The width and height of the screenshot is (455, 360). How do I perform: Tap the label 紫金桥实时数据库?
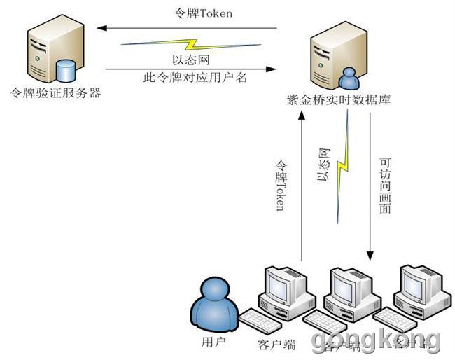339,99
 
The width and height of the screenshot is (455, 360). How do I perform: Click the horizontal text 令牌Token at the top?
202,13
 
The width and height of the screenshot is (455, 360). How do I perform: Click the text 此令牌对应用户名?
195,77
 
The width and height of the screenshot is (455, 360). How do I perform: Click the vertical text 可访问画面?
384,186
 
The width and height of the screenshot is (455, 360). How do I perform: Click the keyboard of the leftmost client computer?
265,323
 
